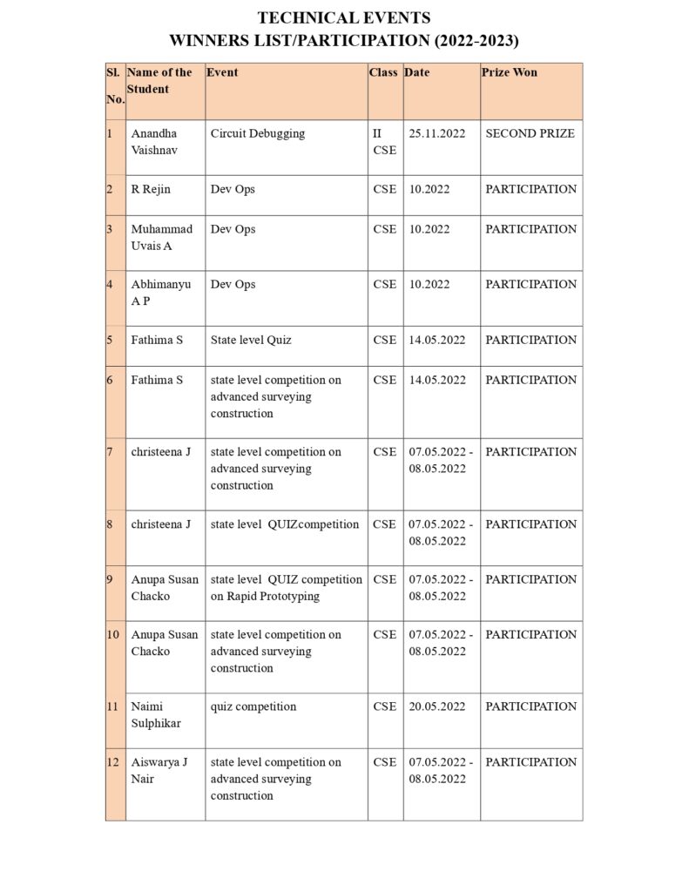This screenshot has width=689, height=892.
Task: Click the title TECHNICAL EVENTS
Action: (x=344, y=17)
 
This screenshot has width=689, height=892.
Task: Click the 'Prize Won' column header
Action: (x=509, y=72)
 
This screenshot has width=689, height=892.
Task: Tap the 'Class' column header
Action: (x=383, y=72)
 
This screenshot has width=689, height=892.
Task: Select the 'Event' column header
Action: (x=221, y=72)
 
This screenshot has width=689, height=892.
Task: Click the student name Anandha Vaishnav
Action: (x=154, y=142)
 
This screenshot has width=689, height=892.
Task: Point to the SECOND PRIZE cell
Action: (x=530, y=133)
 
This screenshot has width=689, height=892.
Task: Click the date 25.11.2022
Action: (x=437, y=133)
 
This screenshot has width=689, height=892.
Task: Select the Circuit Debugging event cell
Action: (x=258, y=133)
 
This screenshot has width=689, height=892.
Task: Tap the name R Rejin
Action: (x=151, y=189)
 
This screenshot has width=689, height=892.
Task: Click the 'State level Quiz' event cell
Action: (x=251, y=340)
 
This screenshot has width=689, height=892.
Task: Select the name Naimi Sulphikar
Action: (x=154, y=715)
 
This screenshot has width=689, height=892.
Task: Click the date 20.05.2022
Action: (x=437, y=706)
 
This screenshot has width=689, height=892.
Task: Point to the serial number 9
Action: (x=111, y=579)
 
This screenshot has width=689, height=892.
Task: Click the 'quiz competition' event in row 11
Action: (x=253, y=706)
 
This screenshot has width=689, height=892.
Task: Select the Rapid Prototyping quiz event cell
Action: (x=286, y=588)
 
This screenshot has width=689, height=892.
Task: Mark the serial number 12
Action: (x=113, y=762)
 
